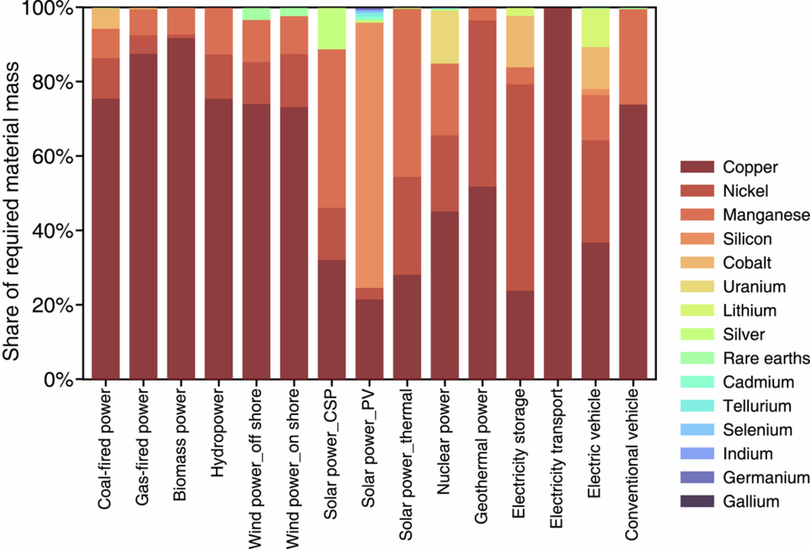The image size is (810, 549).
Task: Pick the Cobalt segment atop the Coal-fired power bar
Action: pos(106,18)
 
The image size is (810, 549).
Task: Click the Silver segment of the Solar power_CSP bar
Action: pos(332,29)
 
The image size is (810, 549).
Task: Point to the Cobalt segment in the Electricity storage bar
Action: pos(520,42)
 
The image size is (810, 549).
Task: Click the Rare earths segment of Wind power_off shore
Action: pos(256,14)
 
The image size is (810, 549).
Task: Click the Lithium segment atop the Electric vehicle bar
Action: pos(595,27)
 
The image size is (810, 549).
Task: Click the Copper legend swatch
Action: pos(697,167)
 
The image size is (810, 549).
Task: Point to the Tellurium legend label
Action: pos(757,406)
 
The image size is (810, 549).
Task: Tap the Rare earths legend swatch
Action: pos(697,358)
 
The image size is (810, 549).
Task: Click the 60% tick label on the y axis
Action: pos(52,156)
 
